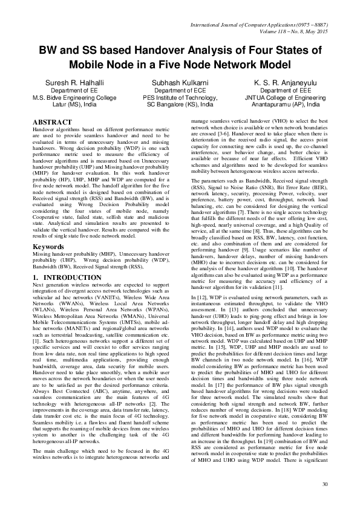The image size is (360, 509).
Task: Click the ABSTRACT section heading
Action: pyautogui.click(x=52, y=122)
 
